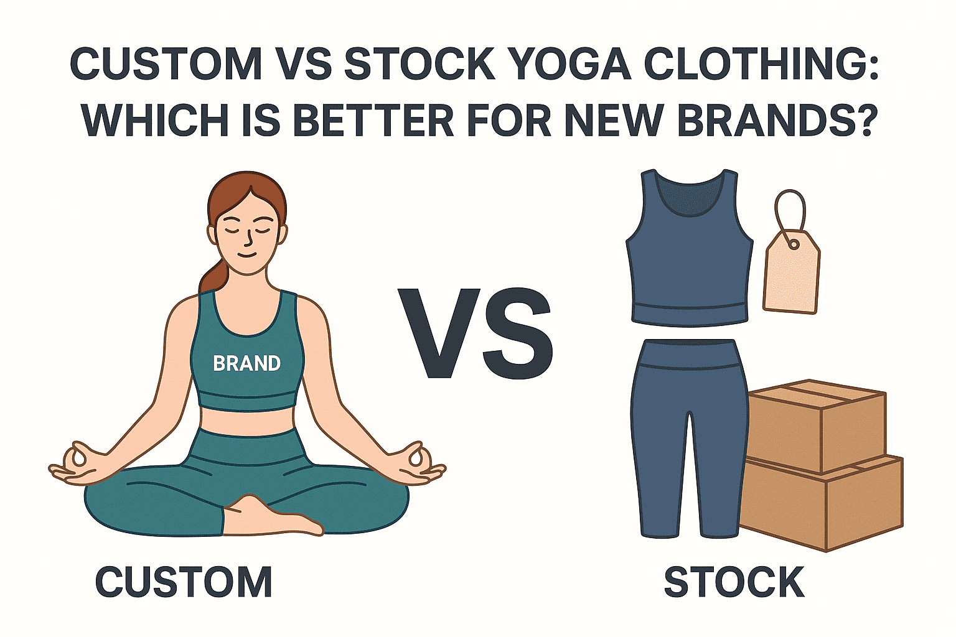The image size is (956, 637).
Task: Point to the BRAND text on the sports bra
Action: (246, 363)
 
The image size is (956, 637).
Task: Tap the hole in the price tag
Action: (794, 244)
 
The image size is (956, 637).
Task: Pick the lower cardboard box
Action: (822, 503)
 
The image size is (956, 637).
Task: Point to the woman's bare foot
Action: (273, 516)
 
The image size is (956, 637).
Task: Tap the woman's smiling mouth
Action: (248, 255)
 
